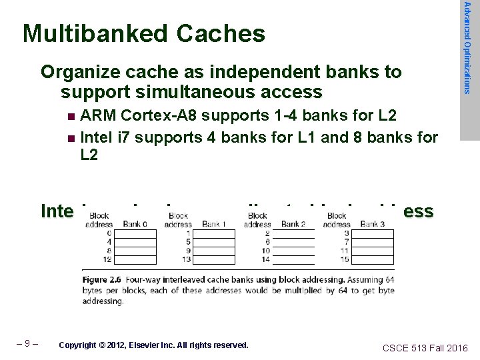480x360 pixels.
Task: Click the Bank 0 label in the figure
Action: (135, 225)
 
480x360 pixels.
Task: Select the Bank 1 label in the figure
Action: (215, 225)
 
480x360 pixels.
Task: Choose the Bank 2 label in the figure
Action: (293, 225)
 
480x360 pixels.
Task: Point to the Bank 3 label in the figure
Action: (373, 225)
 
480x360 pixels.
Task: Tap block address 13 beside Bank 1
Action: (187, 259)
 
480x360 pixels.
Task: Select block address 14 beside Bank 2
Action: (267, 259)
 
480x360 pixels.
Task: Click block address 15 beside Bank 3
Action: (345, 259)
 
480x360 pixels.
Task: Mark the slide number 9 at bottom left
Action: (28, 345)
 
